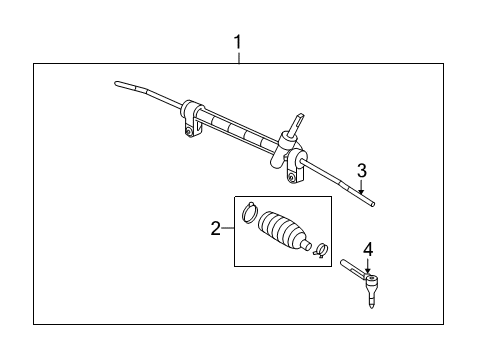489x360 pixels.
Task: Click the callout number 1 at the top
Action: [x=238, y=42]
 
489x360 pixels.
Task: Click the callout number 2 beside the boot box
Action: [x=215, y=230]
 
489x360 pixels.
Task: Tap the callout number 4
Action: [x=367, y=248]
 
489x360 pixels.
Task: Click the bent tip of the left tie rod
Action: [x=120, y=83]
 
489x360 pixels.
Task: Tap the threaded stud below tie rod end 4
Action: [x=371, y=299]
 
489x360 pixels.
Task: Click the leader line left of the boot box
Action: [x=227, y=230]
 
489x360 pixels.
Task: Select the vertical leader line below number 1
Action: [x=238, y=57]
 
